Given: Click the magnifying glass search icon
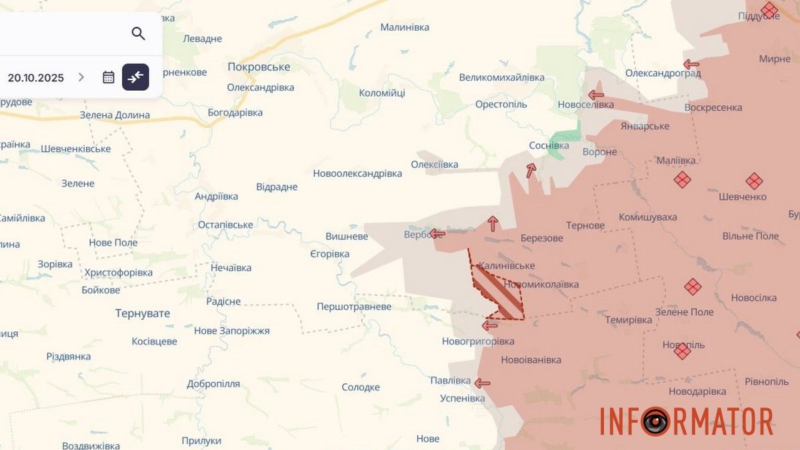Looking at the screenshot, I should [x=138, y=33].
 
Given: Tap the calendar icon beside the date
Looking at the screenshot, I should [x=109, y=77].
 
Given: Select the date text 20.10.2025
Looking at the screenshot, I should [x=36, y=77].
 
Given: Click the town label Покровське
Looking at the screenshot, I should [x=259, y=67].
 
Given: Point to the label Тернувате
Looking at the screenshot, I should [x=142, y=313].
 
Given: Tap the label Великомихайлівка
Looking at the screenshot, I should [x=501, y=77].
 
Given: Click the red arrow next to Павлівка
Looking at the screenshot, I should [x=481, y=383].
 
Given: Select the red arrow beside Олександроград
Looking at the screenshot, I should [x=691, y=65].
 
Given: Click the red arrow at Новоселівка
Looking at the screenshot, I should [x=596, y=95].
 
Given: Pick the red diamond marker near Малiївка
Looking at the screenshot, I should [x=681, y=179].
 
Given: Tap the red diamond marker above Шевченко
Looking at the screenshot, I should [x=754, y=181].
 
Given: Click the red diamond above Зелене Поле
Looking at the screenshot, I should [x=693, y=287].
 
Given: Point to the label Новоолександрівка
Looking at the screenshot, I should [x=357, y=173].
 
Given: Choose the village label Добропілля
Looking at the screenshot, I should [x=213, y=384].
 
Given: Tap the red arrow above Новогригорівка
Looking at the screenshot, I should [x=490, y=325].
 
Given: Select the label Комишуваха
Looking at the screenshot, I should [x=647, y=217].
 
